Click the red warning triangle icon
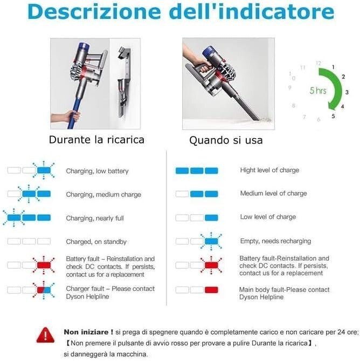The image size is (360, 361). [x=45, y=335]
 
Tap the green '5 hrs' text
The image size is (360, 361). [x=318, y=91]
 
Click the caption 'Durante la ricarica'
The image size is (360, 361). [x=96, y=140]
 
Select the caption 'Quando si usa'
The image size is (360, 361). [x=226, y=140]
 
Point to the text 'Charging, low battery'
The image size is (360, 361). [x=97, y=171]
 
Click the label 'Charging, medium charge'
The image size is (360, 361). [x=103, y=195]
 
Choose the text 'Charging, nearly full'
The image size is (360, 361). [x=95, y=218]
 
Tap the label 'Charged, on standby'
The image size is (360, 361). [x=96, y=242]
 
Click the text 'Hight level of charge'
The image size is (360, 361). [x=269, y=170]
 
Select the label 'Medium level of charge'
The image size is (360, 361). [x=273, y=193]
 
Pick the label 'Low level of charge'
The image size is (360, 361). [x=268, y=217]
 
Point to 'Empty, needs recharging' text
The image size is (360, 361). [x=275, y=241]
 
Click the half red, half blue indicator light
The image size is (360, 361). [x=44, y=290]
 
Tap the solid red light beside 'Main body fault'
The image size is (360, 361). [x=211, y=290]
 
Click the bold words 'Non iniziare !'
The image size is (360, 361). [x=88, y=332]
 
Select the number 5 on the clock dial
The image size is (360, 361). [x=333, y=116]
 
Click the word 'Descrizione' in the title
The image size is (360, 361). [x=94, y=11]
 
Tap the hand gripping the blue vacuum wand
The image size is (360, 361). [x=73, y=116]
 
